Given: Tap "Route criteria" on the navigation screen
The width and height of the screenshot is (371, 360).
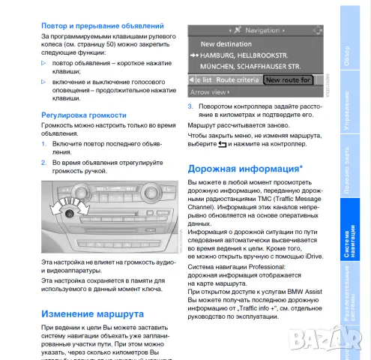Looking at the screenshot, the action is pos(237,79).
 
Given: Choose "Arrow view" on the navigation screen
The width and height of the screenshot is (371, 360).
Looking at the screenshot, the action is pos(209,91).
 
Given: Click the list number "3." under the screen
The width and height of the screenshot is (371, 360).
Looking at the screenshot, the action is pos(191,106).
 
